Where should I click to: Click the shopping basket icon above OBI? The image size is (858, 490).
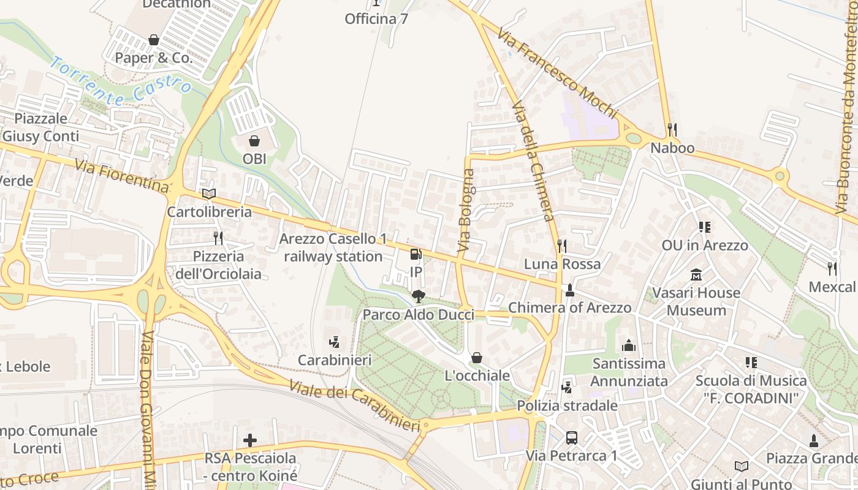pos(254,141)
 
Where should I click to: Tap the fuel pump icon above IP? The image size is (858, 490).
pos(416,254)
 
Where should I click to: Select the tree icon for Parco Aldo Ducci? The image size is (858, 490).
pos(418,296)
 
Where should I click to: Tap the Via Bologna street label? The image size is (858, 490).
pos(466,211)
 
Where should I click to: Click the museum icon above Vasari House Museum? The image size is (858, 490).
pos(696,274)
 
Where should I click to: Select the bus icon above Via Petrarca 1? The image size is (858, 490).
pos(571,437)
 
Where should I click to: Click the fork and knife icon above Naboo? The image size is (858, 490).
pos(672,130)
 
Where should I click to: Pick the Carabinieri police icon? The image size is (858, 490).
pos(334,342)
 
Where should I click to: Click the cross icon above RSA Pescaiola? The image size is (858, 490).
pos(249,440)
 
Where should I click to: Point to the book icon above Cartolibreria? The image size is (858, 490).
pos(209,194)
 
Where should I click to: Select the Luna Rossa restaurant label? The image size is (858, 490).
pos(562,264)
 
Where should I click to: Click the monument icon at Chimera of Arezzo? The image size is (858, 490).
pos(570,290)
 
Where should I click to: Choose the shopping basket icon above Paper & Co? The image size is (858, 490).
pos(153,40)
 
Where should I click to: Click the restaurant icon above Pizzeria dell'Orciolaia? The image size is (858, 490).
pos(218,238)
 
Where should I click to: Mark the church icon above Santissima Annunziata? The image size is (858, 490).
pos(628,345)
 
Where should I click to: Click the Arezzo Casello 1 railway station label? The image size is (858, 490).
pos(333,247)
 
